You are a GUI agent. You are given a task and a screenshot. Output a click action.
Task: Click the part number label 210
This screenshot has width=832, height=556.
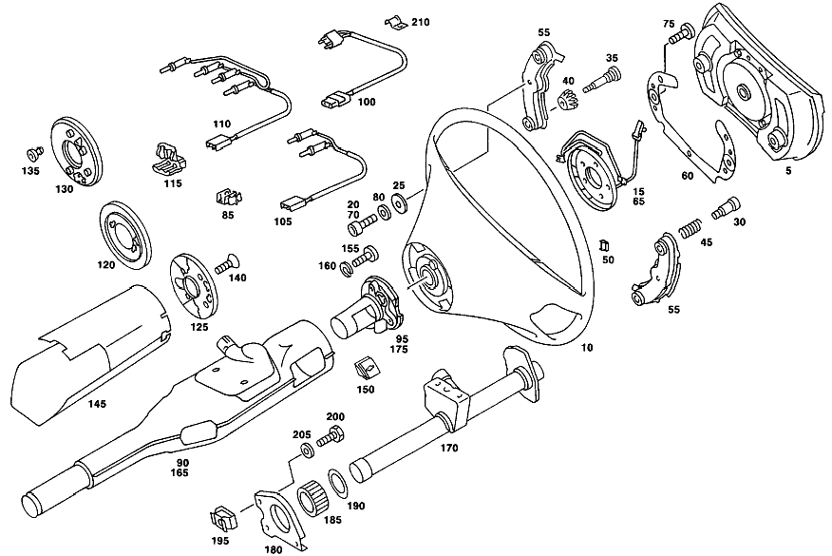coord(420,22)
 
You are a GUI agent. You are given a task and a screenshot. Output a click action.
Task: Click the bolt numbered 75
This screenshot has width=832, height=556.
coord(681,33)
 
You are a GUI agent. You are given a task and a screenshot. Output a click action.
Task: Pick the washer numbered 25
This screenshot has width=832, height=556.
coord(399,201)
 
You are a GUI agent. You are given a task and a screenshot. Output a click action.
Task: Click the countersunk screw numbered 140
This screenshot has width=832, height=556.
coord(227,264)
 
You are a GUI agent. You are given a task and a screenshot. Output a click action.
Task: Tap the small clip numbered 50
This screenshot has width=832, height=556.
coord(603,245)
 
